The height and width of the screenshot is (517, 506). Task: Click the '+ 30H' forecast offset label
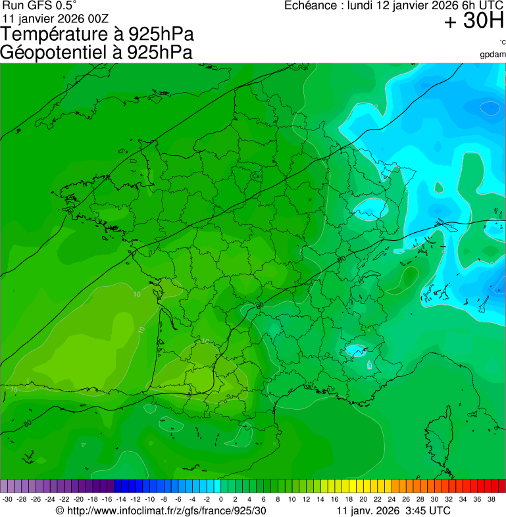point(474,22)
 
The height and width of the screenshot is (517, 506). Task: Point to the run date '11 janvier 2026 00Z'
point(56,18)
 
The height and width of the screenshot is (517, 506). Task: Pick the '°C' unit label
point(502,43)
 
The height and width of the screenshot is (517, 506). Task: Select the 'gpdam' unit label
point(493,54)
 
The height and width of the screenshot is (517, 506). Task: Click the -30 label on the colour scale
point(7,499)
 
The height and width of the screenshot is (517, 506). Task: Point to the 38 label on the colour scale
point(491,499)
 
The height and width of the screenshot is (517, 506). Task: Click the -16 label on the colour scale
point(107,499)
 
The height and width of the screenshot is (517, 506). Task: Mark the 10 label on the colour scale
point(291,499)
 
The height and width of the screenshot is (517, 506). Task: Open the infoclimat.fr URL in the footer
point(161,510)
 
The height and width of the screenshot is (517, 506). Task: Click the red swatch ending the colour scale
point(501,486)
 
